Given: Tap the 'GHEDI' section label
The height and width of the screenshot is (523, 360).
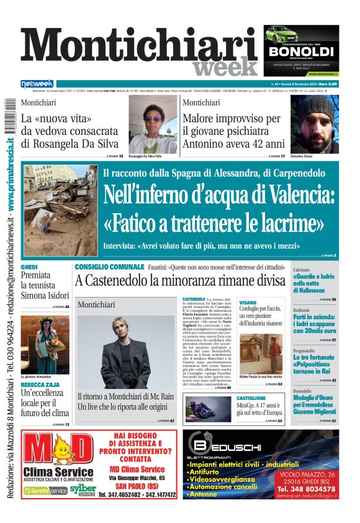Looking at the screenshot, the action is coord(29,266).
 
